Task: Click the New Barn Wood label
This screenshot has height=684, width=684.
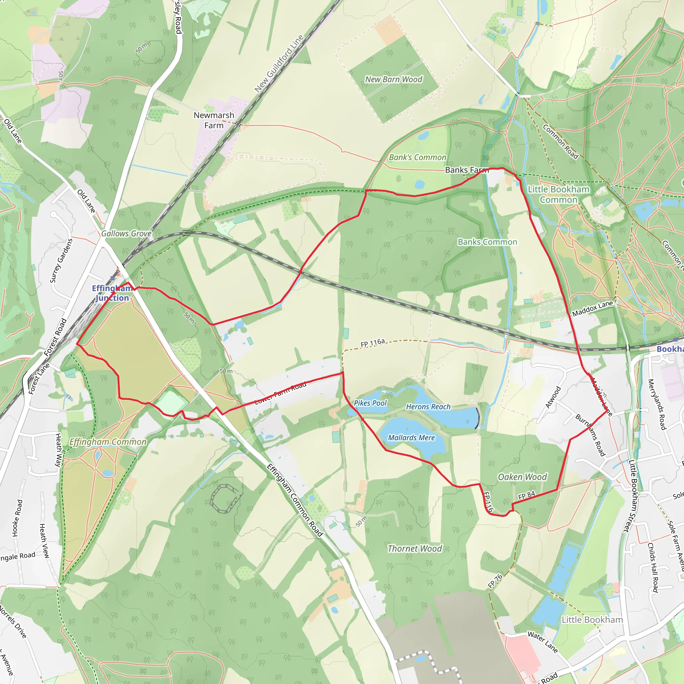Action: tap(394, 79)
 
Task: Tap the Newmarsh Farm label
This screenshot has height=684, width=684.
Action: tap(214, 120)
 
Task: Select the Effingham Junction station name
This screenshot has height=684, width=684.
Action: tap(112, 293)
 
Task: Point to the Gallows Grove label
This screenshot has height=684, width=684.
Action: tap(126, 234)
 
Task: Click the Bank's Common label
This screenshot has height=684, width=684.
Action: tap(417, 157)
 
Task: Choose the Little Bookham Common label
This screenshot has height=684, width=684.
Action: tap(558, 194)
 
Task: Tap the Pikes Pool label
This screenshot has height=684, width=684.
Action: tap(370, 403)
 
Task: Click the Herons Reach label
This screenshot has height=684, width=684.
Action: tap(428, 407)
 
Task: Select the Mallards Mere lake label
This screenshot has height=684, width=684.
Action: tap(411, 438)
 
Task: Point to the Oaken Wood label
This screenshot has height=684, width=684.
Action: tap(522, 477)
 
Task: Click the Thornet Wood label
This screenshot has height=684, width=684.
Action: tap(414, 548)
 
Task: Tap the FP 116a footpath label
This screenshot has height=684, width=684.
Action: tap(372, 343)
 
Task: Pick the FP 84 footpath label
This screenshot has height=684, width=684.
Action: tap(526, 496)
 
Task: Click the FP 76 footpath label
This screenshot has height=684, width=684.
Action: tap(495, 581)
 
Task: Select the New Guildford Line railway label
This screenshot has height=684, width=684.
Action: tap(279, 64)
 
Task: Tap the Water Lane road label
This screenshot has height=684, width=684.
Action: tap(542, 642)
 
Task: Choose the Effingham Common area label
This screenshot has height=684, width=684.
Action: tap(108, 442)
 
